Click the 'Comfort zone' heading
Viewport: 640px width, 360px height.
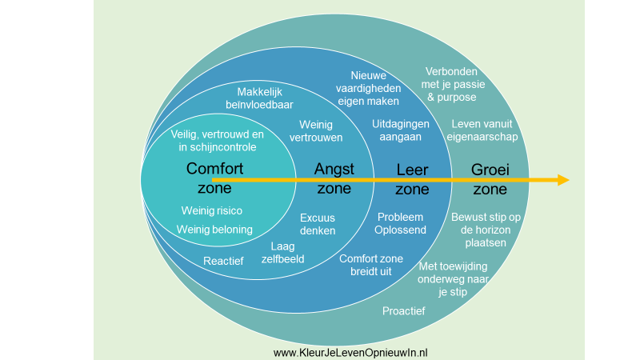[214, 178]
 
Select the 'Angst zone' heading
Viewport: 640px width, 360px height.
[334, 178]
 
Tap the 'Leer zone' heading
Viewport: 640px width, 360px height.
[413, 178]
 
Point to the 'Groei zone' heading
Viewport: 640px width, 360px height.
[490, 178]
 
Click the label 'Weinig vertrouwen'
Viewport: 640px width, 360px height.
[321, 131]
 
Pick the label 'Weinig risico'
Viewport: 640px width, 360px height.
[211, 210]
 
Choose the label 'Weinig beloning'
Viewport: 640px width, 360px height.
[214, 230]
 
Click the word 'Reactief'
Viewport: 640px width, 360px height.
[223, 261]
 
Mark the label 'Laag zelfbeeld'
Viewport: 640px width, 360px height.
[283, 253]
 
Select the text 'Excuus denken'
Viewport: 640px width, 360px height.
[318, 224]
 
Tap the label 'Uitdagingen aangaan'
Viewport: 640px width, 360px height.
[401, 130]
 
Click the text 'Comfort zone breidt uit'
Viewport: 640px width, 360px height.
[370, 265]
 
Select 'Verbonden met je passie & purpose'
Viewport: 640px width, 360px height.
[450, 83]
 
